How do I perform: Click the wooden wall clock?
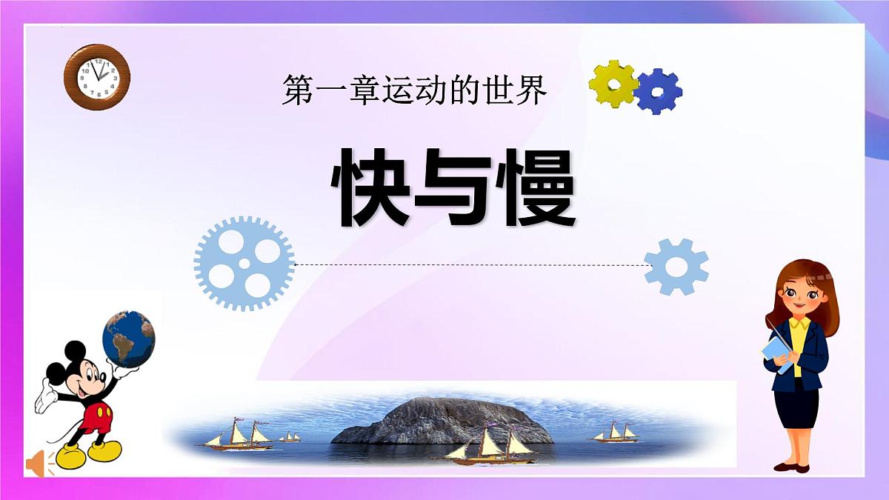click(97, 76)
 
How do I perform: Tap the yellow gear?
click(613, 84)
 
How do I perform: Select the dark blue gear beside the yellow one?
click(657, 91)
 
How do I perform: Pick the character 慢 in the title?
click(535, 187)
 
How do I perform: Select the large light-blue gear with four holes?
click(244, 262)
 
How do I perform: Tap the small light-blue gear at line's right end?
click(676, 267)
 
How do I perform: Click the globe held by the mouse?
click(129, 339)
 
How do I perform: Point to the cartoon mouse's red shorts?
click(96, 419)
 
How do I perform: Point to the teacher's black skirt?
click(796, 407)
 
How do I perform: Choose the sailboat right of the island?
click(615, 433)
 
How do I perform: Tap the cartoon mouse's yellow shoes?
click(89, 452)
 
